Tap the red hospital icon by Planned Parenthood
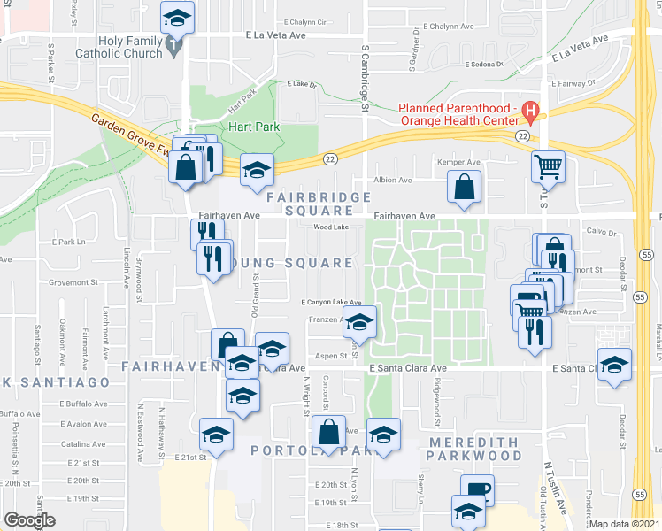click(x=530, y=112)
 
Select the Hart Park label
click(x=253, y=127)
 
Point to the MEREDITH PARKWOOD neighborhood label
click(x=473, y=449)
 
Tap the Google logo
click(x=28, y=521)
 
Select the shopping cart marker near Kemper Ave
click(x=549, y=166)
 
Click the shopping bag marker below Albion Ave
click(x=465, y=188)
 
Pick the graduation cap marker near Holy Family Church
click(x=178, y=17)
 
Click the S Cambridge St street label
click(x=364, y=80)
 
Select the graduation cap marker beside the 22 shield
click(x=257, y=171)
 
